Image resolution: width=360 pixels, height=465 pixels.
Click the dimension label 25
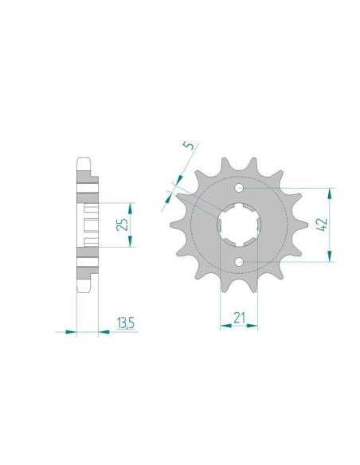pyautogui.click(x=122, y=225)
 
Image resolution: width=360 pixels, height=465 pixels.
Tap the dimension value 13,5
pyautogui.click(x=126, y=323)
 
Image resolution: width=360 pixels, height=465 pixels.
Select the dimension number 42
pyautogui.click(x=322, y=225)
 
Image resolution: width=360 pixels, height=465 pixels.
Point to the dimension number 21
pyautogui.click(x=239, y=318)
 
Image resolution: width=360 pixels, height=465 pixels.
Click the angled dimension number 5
pyautogui.click(x=188, y=145)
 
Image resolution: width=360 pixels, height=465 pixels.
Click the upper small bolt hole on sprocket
pyautogui.click(x=239, y=188)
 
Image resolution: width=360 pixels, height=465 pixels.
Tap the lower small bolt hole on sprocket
pyautogui.click(x=239, y=261)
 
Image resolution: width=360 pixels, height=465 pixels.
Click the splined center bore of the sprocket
pyautogui.click(x=239, y=225)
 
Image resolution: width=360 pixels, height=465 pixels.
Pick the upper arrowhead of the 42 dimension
pyautogui.click(x=329, y=194)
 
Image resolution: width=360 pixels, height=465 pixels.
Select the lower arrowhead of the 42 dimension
pyautogui.click(x=329, y=256)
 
